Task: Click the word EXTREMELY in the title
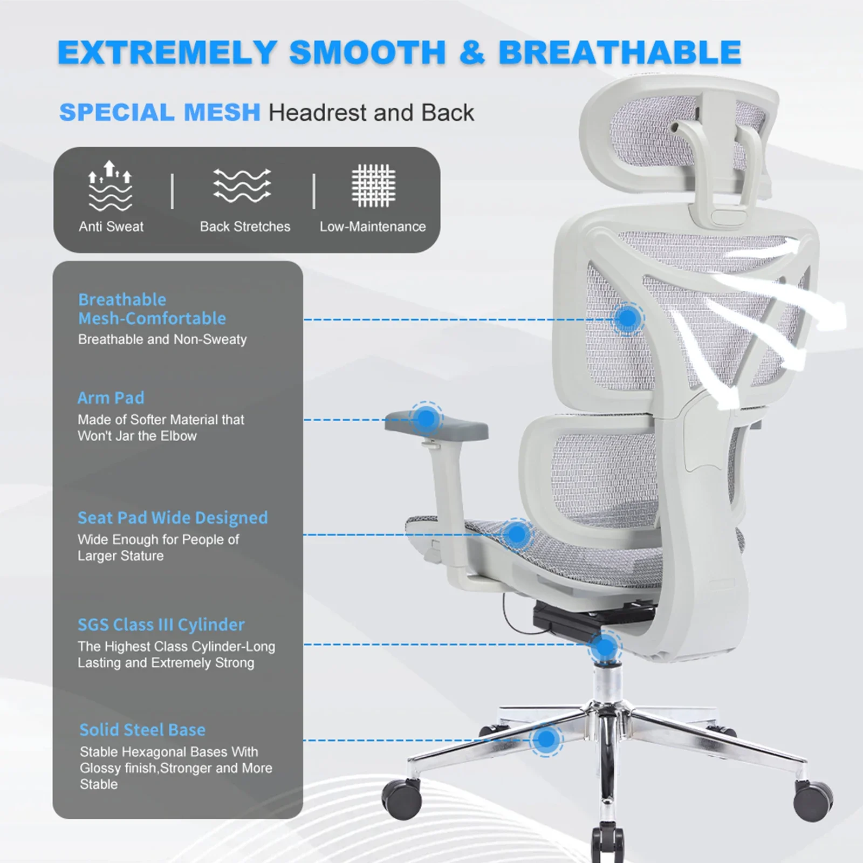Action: pyautogui.click(x=168, y=53)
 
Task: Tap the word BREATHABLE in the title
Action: pyautogui.click(x=620, y=53)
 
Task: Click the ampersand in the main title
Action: pyautogui.click(x=472, y=53)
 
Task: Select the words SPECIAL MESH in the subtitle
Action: pyautogui.click(x=160, y=112)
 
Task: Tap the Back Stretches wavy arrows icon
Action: pyautogui.click(x=242, y=185)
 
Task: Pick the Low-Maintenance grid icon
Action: pyautogui.click(x=373, y=186)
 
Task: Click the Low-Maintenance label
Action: pyautogui.click(x=373, y=227)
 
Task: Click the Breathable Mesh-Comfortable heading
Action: pyautogui.click(x=152, y=309)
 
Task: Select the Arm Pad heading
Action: pyautogui.click(x=111, y=398)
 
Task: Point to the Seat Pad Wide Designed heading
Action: pyautogui.click(x=173, y=518)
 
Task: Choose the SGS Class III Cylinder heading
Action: pyautogui.click(x=161, y=625)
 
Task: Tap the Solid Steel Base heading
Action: pyautogui.click(x=142, y=730)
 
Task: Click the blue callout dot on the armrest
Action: pyautogui.click(x=426, y=418)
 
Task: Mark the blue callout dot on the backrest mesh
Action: pyautogui.click(x=627, y=319)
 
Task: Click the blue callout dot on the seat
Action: pyautogui.click(x=517, y=535)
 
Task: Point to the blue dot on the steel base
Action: pyautogui.click(x=546, y=739)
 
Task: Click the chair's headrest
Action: pyautogui.click(x=679, y=146)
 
